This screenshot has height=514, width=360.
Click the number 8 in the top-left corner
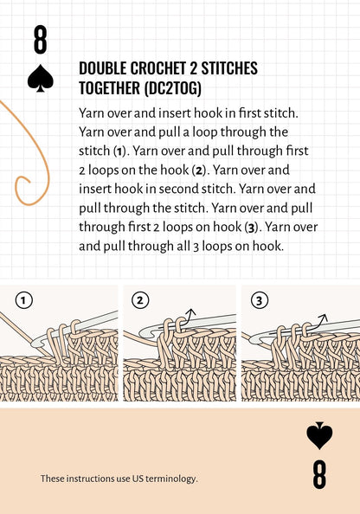pyautogui.click(x=41, y=41)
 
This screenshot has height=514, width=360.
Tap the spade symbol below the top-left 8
pyautogui.click(x=41, y=80)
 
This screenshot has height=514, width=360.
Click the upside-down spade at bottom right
pyautogui.click(x=319, y=435)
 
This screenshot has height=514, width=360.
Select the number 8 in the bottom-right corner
pyautogui.click(x=319, y=474)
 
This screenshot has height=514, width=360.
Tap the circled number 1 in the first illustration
pyautogui.click(x=24, y=300)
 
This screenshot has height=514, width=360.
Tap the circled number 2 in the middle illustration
pyautogui.click(x=140, y=300)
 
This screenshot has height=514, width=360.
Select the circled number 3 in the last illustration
pyautogui.click(x=259, y=300)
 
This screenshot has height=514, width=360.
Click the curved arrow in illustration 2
pyautogui.click(x=190, y=315)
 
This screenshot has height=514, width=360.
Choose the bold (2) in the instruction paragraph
pyautogui.click(x=199, y=170)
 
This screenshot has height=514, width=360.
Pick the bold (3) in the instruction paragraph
pyautogui.click(x=248, y=228)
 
